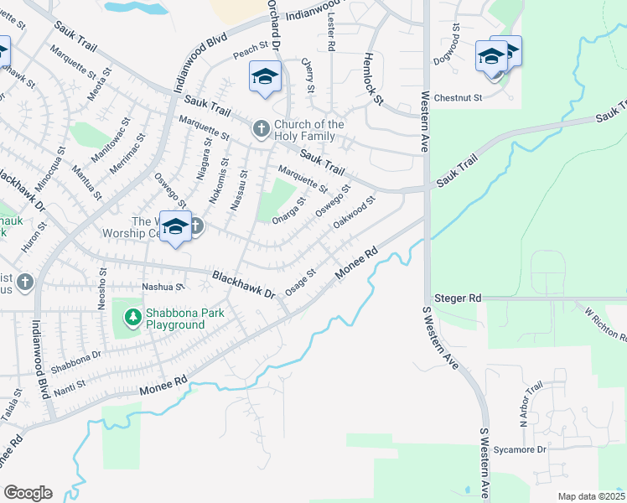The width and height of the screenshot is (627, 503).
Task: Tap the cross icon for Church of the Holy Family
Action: (261, 128)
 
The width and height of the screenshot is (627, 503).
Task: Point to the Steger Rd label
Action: (457, 298)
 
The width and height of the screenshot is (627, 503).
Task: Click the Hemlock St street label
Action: (372, 80)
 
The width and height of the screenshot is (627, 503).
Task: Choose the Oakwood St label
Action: (353, 212)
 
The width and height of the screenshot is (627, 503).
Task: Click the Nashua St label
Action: (163, 286)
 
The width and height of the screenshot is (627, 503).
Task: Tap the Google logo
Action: (28, 493)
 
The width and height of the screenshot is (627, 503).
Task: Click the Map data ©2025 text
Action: (591, 496)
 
